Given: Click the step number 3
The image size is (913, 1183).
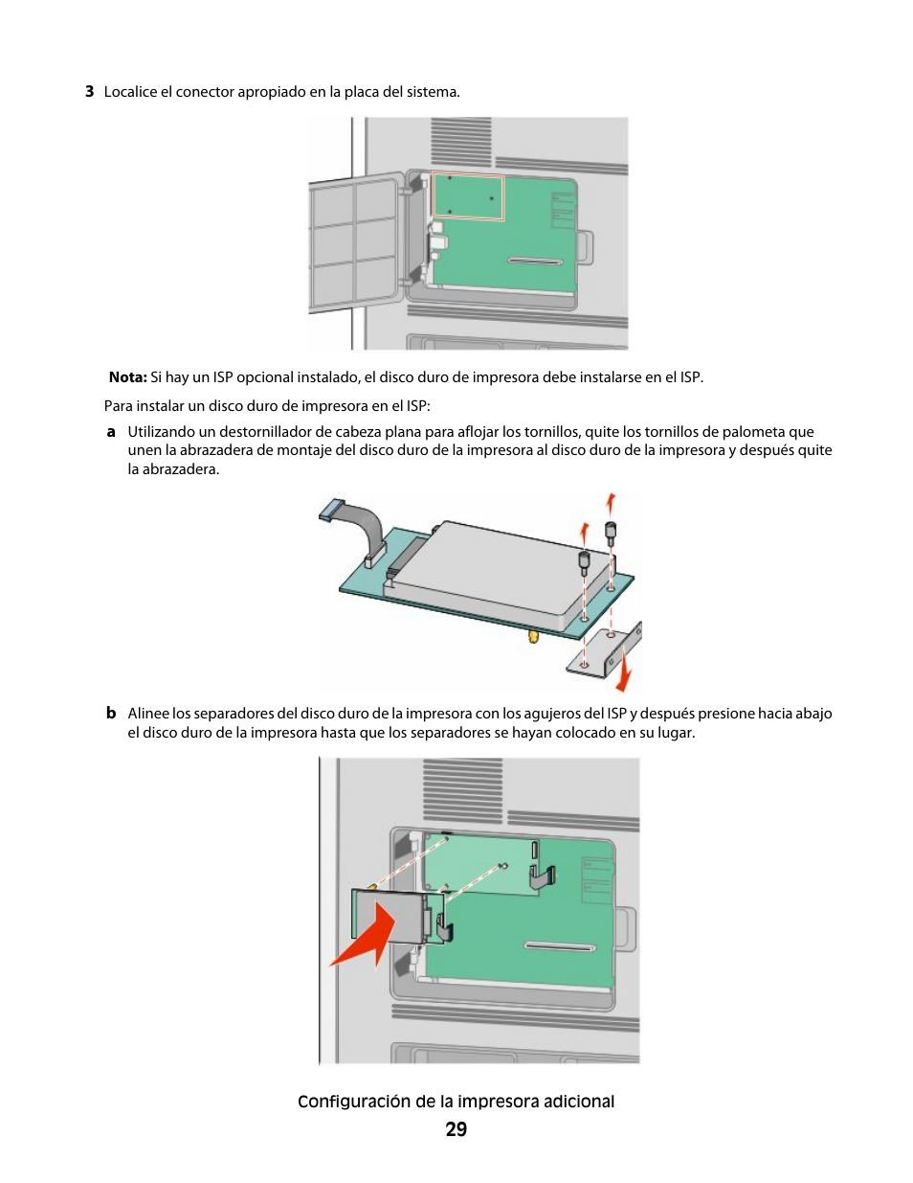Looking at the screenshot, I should click(x=89, y=92).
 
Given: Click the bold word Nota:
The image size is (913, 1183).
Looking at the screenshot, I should click(x=127, y=377).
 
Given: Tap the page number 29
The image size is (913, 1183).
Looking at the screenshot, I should click(x=456, y=1129).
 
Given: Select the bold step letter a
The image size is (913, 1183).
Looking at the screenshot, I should click(x=111, y=432).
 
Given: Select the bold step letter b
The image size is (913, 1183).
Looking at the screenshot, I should click(x=111, y=714).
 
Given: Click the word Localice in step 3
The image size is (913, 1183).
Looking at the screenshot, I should click(x=130, y=92).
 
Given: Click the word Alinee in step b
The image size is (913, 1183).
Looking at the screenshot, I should click(x=148, y=714).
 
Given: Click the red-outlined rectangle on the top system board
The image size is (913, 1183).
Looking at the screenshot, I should click(x=468, y=196).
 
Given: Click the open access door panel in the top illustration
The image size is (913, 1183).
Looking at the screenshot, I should click(x=354, y=241).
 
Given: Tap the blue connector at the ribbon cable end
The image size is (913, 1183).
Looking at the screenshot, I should click(x=331, y=510).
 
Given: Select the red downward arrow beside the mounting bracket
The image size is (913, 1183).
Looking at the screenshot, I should click(x=624, y=671).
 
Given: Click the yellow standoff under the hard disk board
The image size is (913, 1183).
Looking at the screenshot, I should click(x=534, y=635).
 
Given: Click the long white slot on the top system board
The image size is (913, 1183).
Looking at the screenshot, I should click(x=535, y=261).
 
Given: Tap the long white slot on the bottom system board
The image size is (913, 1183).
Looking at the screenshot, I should click(x=559, y=946).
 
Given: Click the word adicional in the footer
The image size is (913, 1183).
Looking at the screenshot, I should click(x=579, y=1102).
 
